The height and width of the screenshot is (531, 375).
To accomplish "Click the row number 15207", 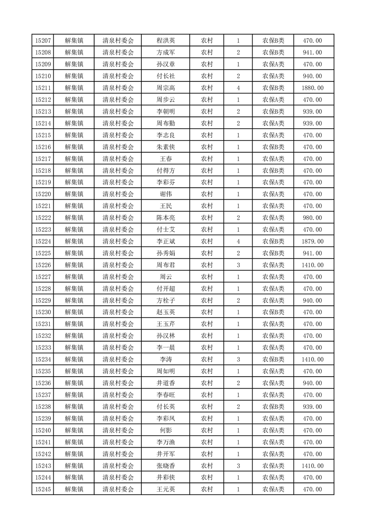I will click(x=43, y=41).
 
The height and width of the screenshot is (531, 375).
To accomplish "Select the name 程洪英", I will click(x=166, y=41).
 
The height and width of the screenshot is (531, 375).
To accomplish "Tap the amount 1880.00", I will click(x=312, y=88).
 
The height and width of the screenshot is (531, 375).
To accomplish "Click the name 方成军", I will click(x=166, y=53).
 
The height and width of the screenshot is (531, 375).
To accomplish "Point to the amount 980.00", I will click(x=312, y=218).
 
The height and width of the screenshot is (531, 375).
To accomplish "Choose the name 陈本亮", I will click(x=166, y=218).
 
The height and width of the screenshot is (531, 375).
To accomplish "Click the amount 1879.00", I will click(x=312, y=241).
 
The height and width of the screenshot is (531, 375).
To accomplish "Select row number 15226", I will click(x=43, y=265).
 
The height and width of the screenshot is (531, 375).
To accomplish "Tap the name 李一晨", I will click(x=166, y=348).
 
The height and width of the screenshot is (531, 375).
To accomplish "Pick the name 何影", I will click(x=166, y=430).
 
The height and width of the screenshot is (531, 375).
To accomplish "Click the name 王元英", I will click(x=166, y=489).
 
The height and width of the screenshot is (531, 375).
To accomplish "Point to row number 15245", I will click(x=43, y=489).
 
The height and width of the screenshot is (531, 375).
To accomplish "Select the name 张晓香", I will click(x=166, y=466).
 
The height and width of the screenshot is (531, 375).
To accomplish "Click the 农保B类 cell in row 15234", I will click(x=273, y=360).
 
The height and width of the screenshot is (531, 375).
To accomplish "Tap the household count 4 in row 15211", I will click(x=238, y=88).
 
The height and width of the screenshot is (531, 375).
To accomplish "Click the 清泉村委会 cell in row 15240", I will click(x=118, y=430).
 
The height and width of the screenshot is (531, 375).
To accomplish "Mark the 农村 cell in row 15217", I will click(x=207, y=159).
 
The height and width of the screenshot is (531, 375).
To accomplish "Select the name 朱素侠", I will click(x=166, y=147).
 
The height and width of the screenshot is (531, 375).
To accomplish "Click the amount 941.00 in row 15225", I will click(x=312, y=253).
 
